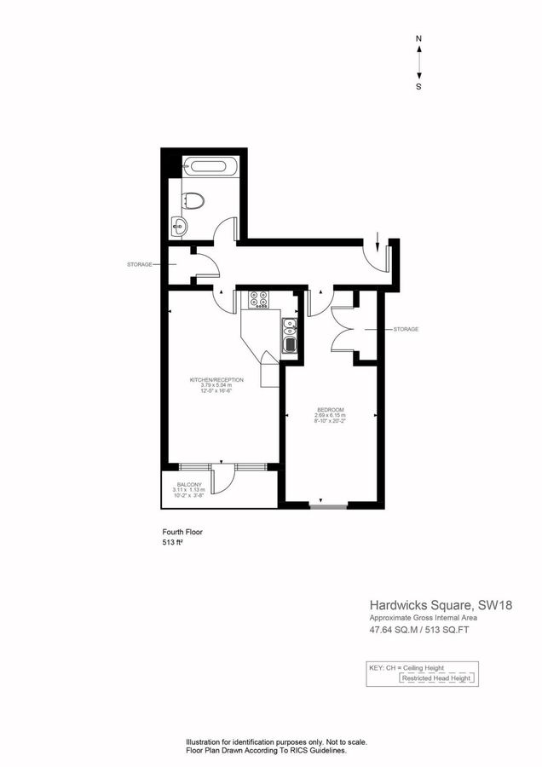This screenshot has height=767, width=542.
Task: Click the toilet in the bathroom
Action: point(194,200)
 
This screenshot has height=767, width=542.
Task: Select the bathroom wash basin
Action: point(178,227)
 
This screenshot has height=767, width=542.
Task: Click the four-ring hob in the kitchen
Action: point(259,299)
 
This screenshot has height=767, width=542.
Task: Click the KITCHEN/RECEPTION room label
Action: point(216,379)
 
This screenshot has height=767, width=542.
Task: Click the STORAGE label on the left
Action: point(140,264)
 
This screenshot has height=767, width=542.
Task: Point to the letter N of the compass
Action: point(418,39)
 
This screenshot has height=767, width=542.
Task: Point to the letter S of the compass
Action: point(418,86)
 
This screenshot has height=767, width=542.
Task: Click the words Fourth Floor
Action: point(182,532)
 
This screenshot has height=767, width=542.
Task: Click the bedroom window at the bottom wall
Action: point(328,509)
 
